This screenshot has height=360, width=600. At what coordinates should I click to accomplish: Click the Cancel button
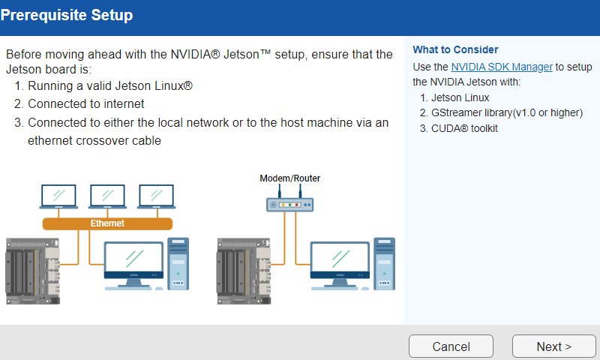(451, 346)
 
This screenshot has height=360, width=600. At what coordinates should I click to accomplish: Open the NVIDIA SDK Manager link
(502, 67)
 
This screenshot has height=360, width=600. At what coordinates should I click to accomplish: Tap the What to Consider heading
(455, 50)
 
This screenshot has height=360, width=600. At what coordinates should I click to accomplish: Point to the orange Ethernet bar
(107, 223)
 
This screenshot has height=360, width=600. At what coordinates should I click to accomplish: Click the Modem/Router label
(289, 178)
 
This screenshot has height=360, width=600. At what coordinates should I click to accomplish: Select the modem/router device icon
(289, 202)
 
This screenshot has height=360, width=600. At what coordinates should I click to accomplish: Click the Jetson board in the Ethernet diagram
(32, 270)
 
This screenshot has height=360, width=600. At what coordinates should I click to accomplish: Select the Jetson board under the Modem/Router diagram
(242, 270)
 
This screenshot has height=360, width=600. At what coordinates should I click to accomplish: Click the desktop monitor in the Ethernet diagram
(133, 262)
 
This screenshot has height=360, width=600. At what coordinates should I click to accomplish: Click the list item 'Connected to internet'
(85, 104)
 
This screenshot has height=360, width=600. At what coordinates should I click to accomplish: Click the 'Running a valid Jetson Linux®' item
(110, 86)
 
